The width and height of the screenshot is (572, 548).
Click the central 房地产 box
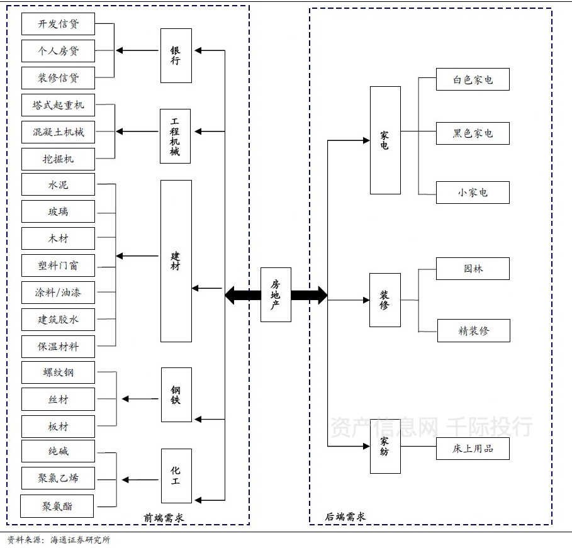[276, 294]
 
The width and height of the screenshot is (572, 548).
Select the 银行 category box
[176, 55]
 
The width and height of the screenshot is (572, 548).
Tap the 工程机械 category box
[176, 136]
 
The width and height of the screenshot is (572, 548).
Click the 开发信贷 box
[58, 24]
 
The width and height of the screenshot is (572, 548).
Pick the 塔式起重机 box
[58, 104]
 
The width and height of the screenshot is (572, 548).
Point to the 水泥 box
[58, 185]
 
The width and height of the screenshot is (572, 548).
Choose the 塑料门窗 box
[58, 266]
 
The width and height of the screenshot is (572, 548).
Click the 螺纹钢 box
[58, 372]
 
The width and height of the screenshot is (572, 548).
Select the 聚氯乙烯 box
[58, 478]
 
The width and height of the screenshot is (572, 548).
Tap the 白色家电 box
[473, 80]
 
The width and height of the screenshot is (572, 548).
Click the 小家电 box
[473, 193]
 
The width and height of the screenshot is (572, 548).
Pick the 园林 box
[473, 269]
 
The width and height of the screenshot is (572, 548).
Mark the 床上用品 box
[473, 449]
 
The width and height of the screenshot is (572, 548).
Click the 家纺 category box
[384, 447]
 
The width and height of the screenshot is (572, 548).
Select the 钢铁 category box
[176, 395]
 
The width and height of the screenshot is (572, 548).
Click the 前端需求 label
[164, 518]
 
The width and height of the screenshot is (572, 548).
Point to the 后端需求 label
[345, 517]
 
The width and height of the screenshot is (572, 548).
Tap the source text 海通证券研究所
[80, 540]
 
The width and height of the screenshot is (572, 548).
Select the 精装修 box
[473, 330]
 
